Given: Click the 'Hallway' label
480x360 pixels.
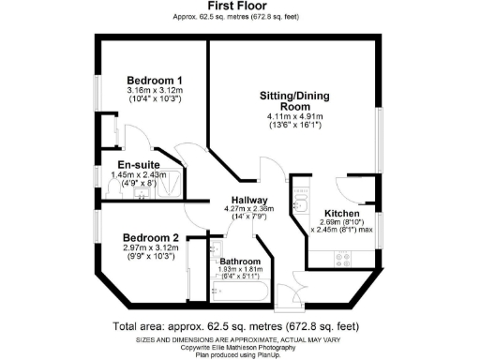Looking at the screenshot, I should [x=251, y=201].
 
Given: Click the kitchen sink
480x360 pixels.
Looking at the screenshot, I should [x=300, y=204].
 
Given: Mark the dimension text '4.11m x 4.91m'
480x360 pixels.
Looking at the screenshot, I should [x=291, y=115].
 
